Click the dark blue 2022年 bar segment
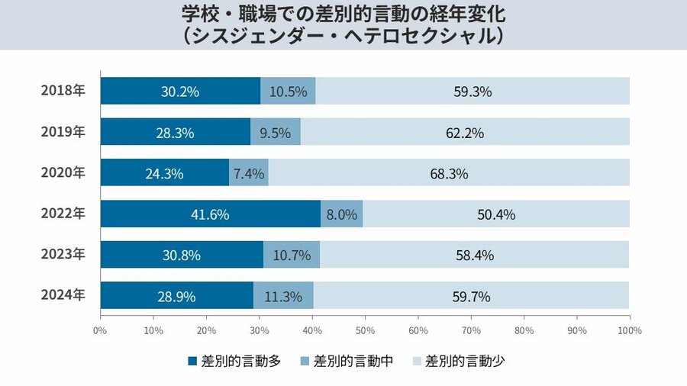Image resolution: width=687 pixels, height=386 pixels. [210, 214]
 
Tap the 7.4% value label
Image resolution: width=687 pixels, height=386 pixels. [249, 173]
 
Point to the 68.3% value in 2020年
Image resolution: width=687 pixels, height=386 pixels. [449, 173]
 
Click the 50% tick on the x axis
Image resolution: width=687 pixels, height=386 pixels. [365, 331]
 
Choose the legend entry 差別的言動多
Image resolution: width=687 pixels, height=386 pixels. [234, 361]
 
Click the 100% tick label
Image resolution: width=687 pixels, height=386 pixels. [629, 331]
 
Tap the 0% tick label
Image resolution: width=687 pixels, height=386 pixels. [100, 331]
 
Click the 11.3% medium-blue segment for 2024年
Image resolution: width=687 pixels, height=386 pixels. [282, 296]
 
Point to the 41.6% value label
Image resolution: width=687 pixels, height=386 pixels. [210, 214]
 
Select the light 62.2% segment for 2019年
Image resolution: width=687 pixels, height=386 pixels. [465, 132]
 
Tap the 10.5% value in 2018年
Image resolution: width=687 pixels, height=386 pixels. [288, 92]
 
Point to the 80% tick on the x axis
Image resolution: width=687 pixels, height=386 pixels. [524, 331]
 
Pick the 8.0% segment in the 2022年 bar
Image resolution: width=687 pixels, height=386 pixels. [342, 214]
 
